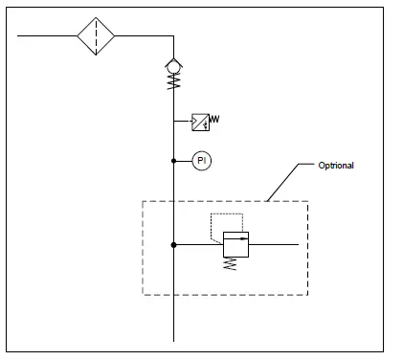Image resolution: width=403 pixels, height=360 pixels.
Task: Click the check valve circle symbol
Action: [173, 67]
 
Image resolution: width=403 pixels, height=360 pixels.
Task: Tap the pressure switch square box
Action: [200, 122]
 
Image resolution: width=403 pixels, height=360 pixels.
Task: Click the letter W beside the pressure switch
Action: [214, 120]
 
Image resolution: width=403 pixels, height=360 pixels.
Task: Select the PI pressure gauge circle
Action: [201, 161]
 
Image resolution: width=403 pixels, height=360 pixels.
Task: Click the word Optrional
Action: [336, 166]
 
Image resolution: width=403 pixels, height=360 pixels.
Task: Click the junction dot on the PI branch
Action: [173, 161]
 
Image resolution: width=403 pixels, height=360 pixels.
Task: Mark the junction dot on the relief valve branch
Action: [173, 245]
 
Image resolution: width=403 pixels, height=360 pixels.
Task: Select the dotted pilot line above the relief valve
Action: [226, 214]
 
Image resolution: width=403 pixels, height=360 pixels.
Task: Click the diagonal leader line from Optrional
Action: [287, 185]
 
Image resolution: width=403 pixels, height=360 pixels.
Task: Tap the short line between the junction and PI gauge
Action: [183, 161]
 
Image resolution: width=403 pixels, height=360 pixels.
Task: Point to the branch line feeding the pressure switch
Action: [182, 122]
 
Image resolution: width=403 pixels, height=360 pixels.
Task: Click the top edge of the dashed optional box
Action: [225, 201]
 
